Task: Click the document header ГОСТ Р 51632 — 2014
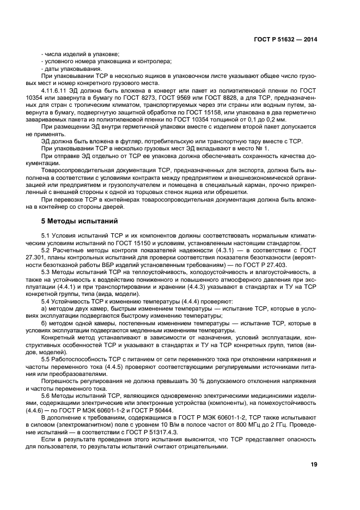pyautogui.click(x=285, y=39)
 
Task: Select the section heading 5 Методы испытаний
pyautogui.click(x=77, y=221)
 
